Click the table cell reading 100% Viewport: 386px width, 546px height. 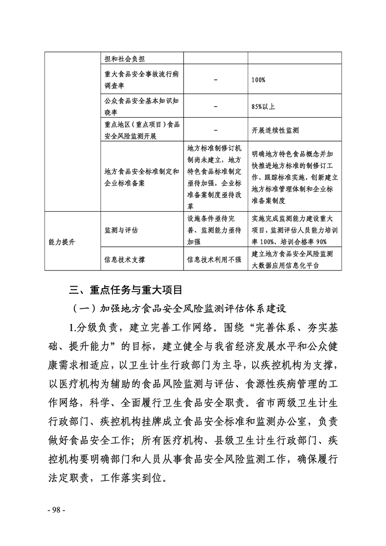(x=258, y=79)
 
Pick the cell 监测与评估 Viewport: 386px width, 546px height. (x=121, y=229)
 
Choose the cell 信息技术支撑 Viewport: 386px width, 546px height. (x=125, y=259)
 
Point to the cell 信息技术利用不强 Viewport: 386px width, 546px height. (x=214, y=259)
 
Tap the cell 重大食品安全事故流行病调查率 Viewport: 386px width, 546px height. (x=142, y=79)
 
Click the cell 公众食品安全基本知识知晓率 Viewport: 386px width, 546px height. (x=142, y=105)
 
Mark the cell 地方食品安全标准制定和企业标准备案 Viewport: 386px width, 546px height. (x=142, y=177)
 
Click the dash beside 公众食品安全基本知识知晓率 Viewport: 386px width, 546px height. (x=215, y=105)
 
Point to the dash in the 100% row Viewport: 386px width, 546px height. (x=215, y=79)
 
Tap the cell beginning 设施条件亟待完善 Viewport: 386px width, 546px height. (x=214, y=229)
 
